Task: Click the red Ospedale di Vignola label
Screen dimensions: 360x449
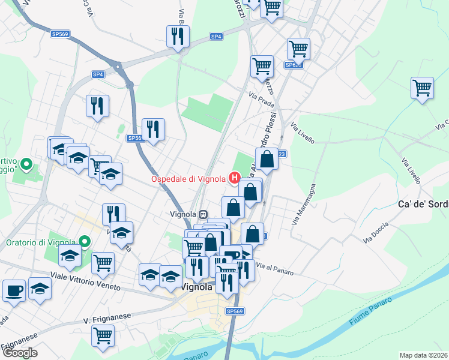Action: pos(188,178)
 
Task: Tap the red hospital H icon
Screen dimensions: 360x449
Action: pos(235,178)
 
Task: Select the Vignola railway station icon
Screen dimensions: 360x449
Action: pos(204,214)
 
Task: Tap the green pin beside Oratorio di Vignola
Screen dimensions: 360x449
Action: pos(85,242)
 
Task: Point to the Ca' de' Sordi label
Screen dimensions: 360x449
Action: pos(423,204)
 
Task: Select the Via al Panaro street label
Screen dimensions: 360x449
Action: pos(275,269)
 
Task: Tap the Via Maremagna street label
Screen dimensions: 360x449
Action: pos(305,205)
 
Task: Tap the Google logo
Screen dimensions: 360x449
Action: pos(20,353)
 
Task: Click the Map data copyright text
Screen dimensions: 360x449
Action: pos(424,355)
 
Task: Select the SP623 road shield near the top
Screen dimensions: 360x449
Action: pos(293,65)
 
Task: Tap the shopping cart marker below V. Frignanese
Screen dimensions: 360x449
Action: pos(103,335)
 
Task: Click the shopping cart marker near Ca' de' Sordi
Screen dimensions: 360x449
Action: pos(423,88)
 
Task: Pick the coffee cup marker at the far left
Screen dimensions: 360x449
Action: pos(14,290)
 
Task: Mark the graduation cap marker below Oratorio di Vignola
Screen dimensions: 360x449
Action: pos(70,256)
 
